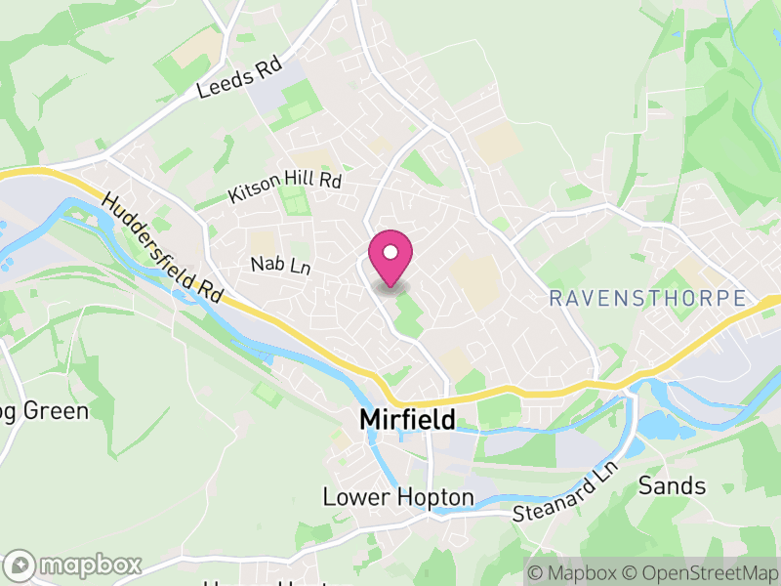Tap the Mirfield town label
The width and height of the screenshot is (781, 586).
pyautogui.click(x=408, y=419)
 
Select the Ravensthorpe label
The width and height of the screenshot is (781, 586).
pyautogui.click(x=647, y=299)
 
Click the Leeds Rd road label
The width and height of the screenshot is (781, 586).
pyautogui.click(x=239, y=79)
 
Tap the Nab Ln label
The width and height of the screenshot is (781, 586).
pyautogui.click(x=279, y=265)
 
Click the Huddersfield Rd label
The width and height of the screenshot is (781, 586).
pyautogui.click(x=163, y=246)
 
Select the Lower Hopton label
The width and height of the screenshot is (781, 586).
pyautogui.click(x=398, y=497)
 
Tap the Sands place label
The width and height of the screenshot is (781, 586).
pyautogui.click(x=672, y=485)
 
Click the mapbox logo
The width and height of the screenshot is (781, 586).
pyautogui.click(x=75, y=565)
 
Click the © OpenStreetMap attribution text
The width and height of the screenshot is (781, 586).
pyautogui.click(x=700, y=570)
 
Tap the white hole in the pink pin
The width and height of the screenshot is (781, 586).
pyautogui.click(x=390, y=252)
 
